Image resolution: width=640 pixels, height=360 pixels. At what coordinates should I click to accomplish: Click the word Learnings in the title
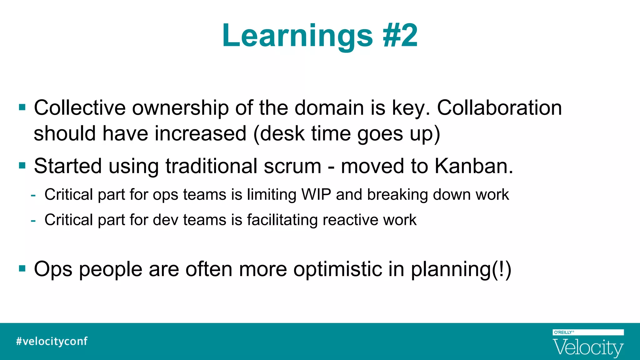[297, 36]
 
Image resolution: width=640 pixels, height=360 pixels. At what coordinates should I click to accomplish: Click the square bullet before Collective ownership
[22, 107]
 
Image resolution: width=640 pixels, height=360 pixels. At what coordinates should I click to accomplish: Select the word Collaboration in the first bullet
[499, 108]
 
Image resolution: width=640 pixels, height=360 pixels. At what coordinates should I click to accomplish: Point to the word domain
[329, 108]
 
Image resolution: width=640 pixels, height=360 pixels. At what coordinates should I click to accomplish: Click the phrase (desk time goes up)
[347, 134]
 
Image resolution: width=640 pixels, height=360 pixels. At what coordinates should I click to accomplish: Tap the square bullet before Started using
[22, 165]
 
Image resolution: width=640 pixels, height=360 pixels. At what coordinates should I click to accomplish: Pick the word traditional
[211, 166]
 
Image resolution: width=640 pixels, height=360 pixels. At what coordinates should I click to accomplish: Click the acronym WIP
[316, 194]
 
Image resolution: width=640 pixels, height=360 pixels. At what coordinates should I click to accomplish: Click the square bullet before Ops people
[22, 268]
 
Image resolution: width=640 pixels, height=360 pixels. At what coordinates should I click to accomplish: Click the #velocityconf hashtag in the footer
[52, 341]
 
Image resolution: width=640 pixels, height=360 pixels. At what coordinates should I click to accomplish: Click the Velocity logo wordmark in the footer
[588, 347]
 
